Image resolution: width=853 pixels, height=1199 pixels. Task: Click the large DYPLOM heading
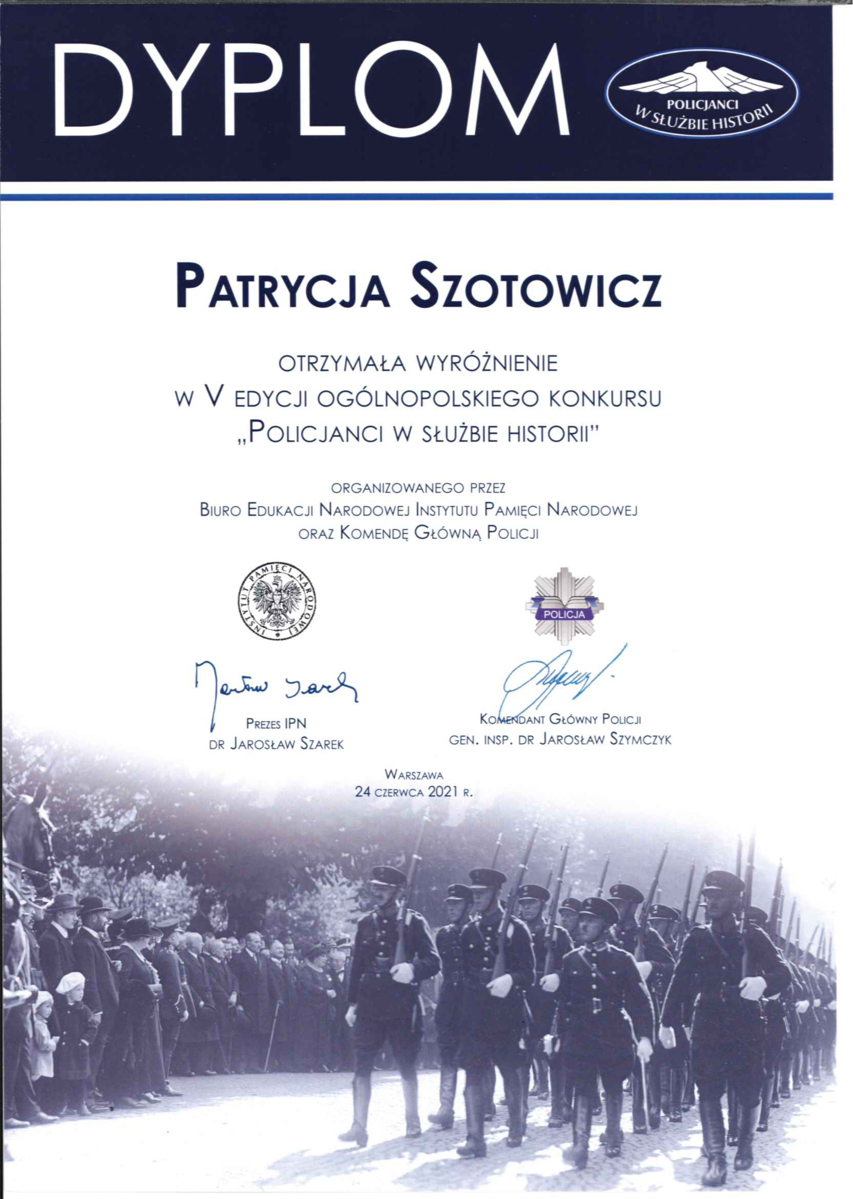311,90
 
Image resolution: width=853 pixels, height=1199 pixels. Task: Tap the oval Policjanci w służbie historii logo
702,93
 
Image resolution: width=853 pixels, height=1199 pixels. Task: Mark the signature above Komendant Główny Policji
559,677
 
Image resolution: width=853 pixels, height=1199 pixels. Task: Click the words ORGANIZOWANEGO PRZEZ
418,488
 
